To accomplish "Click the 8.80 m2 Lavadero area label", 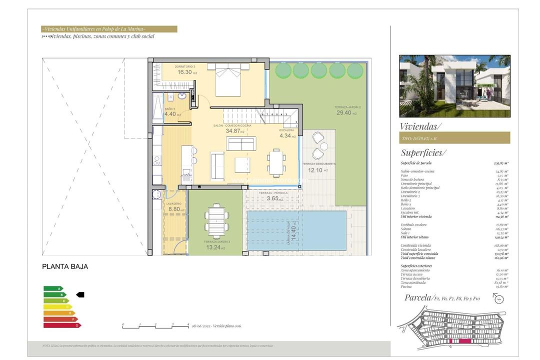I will click(x=175, y=209).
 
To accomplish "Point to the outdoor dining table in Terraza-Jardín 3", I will click(x=216, y=220).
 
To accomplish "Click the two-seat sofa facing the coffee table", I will click(x=241, y=144).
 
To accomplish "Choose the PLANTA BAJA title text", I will click(x=65, y=267).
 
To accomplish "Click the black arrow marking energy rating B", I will click(x=80, y=295).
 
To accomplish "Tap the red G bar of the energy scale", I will click(x=61, y=325).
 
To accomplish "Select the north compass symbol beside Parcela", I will click(x=498, y=298).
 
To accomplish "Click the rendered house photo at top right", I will click(x=454, y=86).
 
